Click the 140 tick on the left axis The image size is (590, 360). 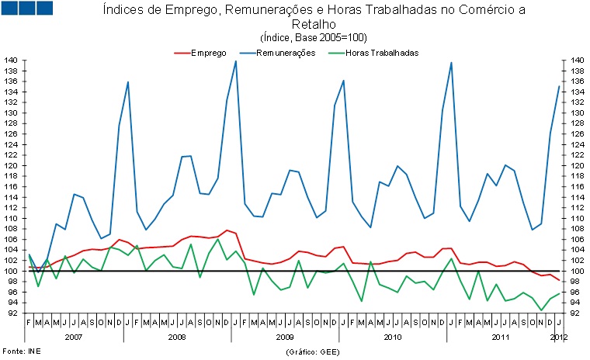point(12,61)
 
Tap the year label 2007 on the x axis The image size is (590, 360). point(74,337)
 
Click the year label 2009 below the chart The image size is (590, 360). point(285,337)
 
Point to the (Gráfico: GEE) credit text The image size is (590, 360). point(314,351)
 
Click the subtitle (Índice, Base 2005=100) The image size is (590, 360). point(314,37)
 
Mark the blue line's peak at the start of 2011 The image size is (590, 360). point(451,62)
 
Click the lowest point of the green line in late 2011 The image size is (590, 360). point(541,310)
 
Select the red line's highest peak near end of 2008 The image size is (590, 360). point(226,230)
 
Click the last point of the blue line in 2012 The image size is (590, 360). point(559,86)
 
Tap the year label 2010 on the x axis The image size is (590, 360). point(392,337)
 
